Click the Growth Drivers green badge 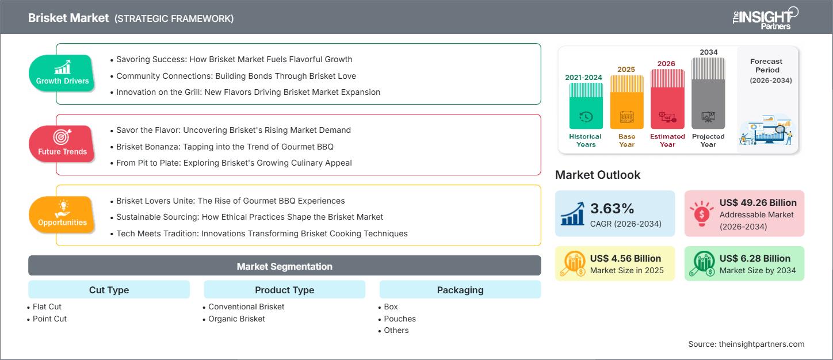tap(62, 73)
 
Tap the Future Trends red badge tap(62, 144)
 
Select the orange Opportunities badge tap(62, 215)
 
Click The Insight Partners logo tap(765, 18)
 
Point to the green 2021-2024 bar tap(586, 106)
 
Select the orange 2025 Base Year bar tap(626, 102)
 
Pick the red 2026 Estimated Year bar tap(667, 99)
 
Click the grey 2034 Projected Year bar tap(708, 93)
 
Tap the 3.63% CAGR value tap(612, 208)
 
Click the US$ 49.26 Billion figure tap(758, 202)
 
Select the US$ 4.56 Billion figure tap(625, 258)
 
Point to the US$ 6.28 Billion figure tap(755, 258)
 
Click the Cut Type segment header tap(109, 290)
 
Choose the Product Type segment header tap(285, 290)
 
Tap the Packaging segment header tap(460, 290)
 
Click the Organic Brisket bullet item tap(236, 319)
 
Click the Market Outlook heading tap(598, 175)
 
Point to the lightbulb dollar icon tap(701, 213)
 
